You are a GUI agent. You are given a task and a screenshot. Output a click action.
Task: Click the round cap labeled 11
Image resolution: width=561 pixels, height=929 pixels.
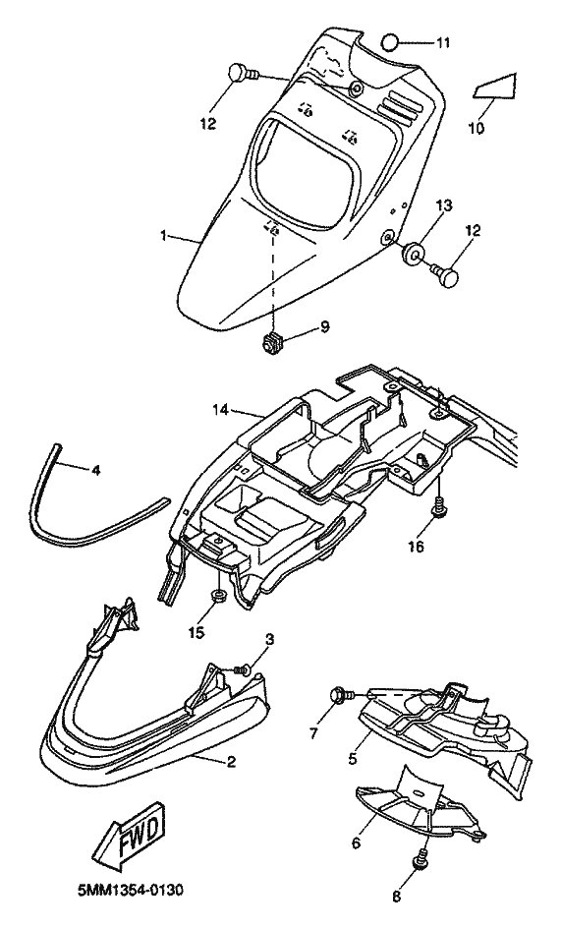[x=389, y=42]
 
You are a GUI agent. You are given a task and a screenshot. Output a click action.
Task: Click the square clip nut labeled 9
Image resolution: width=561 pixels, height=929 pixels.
[x=272, y=343]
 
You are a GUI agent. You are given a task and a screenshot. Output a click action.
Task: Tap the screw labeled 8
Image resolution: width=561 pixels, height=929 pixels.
[x=422, y=857]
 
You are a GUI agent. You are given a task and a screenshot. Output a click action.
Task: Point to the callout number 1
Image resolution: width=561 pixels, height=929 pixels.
[x=163, y=235]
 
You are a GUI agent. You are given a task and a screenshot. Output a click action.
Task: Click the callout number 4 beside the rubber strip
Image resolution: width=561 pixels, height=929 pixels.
[x=95, y=470]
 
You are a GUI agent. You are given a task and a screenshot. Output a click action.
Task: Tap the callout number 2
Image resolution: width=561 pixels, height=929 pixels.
[x=231, y=761]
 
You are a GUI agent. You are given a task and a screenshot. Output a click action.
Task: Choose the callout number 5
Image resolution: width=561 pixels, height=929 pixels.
[x=353, y=758]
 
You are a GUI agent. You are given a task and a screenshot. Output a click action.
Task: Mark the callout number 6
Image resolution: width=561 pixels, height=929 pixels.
[x=356, y=842]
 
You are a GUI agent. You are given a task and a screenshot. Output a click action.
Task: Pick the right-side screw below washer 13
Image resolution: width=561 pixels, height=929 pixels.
[x=446, y=275]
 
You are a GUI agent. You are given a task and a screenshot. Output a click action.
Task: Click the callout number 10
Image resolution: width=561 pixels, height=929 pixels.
[x=477, y=128]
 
